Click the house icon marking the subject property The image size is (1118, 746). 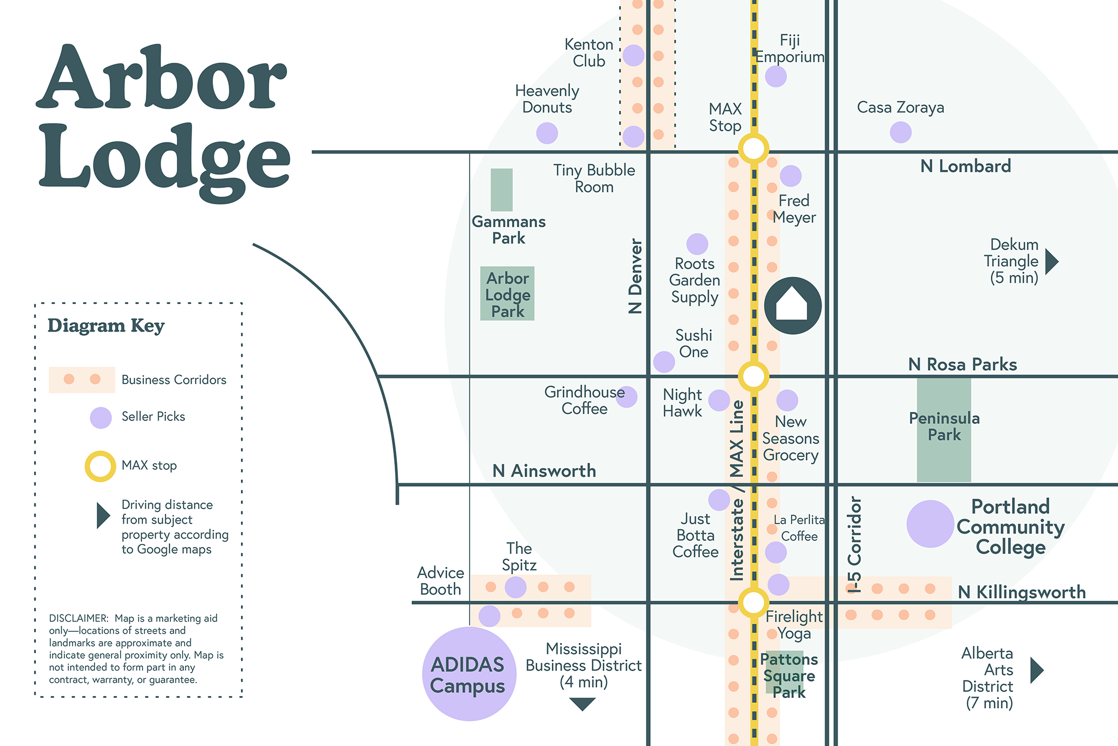click(793, 306)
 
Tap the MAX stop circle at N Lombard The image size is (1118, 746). click(753, 148)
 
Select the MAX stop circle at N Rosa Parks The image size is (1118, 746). click(753, 376)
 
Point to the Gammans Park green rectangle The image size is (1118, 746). click(501, 190)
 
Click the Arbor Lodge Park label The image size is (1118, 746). click(508, 295)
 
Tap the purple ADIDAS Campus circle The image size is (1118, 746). click(469, 674)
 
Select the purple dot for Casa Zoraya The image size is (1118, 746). click(900, 132)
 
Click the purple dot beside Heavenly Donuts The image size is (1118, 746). click(547, 133)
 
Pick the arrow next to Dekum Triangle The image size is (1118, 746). click(1051, 262)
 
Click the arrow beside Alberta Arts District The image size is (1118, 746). click(1036, 670)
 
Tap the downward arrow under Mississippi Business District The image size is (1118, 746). click(582, 703)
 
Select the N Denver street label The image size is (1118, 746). click(635, 276)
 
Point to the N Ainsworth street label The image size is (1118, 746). click(544, 471)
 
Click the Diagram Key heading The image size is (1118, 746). click(106, 325)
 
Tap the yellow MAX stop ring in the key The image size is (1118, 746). click(100, 466)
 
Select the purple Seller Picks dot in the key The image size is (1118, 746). click(101, 418)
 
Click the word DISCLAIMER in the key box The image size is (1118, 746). click(79, 618)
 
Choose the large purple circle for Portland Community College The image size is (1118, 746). click(930, 524)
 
